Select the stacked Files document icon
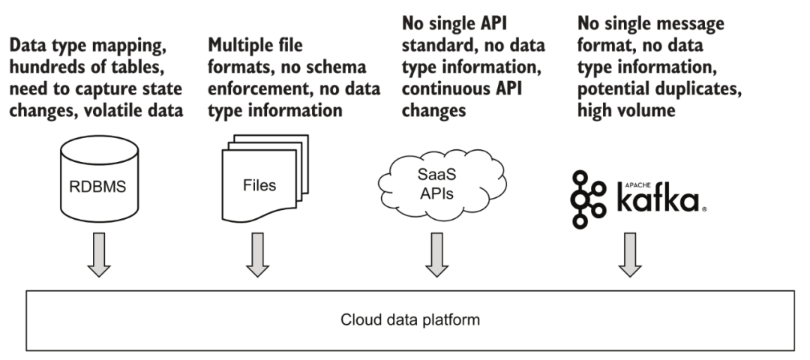[265, 178]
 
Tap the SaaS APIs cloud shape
[442, 182]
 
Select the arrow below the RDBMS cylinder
[99, 254]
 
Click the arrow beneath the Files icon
[257, 254]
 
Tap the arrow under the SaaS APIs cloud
[436, 254]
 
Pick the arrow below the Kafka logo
[630, 254]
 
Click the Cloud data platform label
[410, 319]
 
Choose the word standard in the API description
[439, 45]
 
